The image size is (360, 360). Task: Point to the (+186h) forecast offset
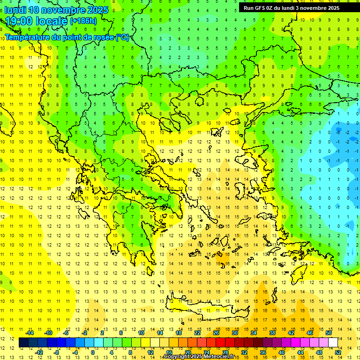[x=83, y=21]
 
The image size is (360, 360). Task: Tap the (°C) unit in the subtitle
[x=122, y=37]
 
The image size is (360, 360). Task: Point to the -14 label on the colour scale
[x=30, y=333]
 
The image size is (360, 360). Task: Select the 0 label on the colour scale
[x=92, y=352]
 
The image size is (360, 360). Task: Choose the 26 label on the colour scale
[x=216, y=333]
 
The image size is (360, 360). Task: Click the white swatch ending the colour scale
[x=333, y=343]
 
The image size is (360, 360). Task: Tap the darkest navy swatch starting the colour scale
[x=23, y=343]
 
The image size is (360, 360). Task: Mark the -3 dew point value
[x=338, y=133]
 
